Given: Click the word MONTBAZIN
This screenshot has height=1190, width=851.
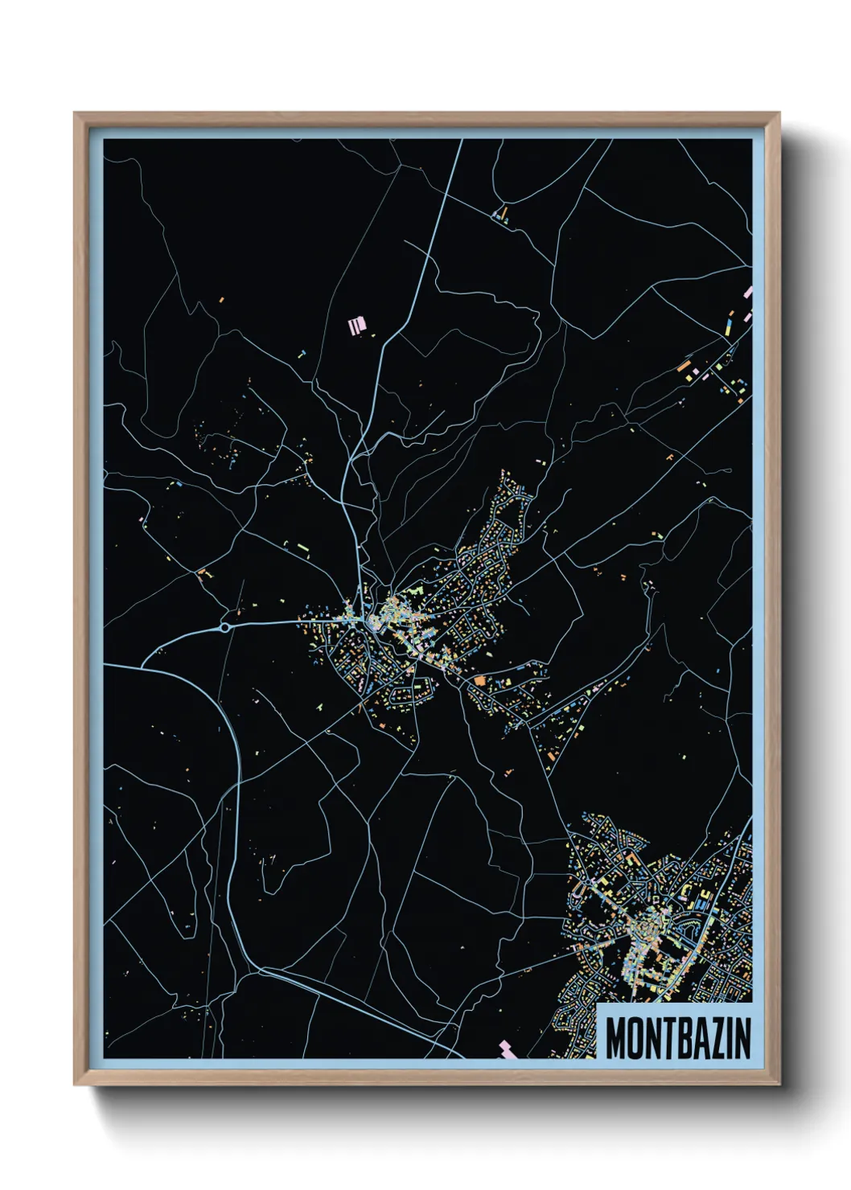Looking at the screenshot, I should [x=677, y=1038].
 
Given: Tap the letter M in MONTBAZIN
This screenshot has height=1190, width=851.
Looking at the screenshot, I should [x=615, y=1038].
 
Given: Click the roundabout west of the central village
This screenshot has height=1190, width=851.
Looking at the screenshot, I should [x=226, y=628].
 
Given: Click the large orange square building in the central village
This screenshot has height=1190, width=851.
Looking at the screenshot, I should [x=480, y=680].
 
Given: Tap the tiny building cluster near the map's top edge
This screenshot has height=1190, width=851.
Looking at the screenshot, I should [x=502, y=214].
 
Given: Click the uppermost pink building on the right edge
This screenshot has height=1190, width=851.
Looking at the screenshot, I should [x=747, y=293].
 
